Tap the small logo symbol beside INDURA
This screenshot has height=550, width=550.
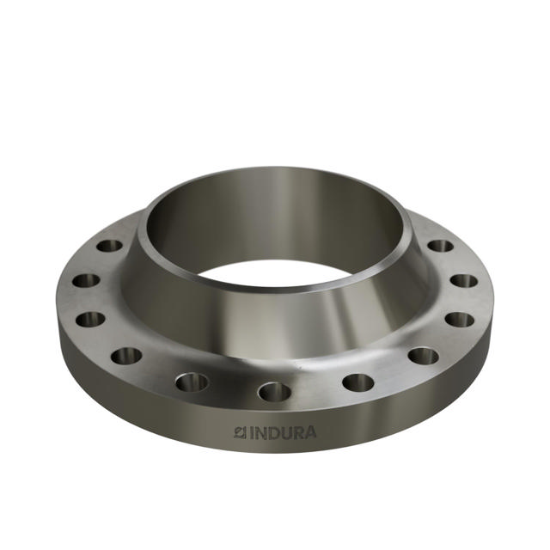[240, 431]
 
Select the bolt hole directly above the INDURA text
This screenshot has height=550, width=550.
[274, 392]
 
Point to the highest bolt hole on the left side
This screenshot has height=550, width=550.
[109, 246]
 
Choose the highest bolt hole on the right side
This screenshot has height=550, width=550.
[440, 246]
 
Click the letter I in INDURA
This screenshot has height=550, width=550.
[250, 431]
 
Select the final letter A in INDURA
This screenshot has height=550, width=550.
[309, 431]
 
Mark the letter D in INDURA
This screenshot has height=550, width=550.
[272, 431]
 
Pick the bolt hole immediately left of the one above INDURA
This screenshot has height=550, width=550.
[192, 382]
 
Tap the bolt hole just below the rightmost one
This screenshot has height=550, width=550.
[460, 319]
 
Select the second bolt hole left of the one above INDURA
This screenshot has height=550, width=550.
[126, 355]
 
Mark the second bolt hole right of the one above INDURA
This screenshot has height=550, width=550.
[423, 355]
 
